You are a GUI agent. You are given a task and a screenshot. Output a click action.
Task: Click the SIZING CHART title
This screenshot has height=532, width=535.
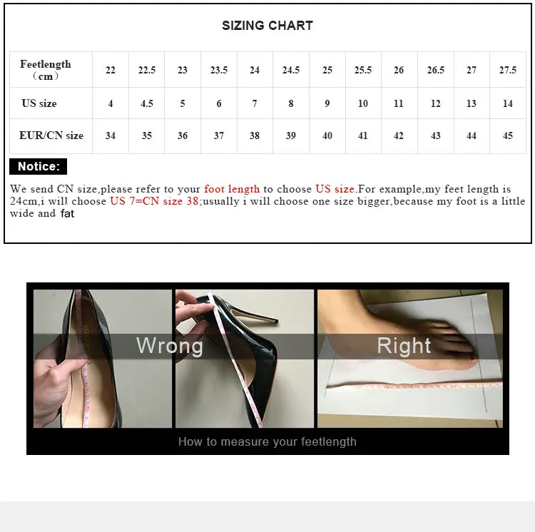267,26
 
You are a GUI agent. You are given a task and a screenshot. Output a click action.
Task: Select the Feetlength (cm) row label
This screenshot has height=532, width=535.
46,70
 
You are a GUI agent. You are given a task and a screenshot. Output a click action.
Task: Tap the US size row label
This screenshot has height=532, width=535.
39,103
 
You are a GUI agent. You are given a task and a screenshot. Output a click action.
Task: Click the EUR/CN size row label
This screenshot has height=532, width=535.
51,135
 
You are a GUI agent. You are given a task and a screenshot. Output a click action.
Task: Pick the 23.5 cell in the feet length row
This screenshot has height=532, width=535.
219,70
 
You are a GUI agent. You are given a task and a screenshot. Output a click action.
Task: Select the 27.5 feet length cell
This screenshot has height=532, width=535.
507,70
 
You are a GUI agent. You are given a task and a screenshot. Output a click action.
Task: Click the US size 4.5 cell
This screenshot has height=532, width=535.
147,103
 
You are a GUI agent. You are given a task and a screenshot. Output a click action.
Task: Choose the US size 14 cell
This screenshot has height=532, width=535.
507,103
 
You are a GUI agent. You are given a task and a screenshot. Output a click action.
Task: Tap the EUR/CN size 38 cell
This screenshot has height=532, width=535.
255,135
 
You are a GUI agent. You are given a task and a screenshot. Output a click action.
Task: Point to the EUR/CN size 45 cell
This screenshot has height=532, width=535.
507,135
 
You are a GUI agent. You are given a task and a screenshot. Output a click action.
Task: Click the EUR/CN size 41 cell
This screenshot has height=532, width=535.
363,135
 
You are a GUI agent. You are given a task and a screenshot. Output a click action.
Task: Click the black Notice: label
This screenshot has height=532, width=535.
39,167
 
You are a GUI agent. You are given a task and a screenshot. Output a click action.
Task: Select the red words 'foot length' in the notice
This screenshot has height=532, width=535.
232,189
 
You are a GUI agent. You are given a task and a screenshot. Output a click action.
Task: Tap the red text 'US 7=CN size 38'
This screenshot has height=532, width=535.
154,201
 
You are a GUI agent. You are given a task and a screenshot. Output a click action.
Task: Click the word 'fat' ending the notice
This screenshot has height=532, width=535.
67,214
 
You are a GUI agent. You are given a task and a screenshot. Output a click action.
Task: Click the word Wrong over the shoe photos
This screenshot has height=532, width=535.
170,346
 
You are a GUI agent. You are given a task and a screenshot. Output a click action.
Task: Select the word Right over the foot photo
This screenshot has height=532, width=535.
404,346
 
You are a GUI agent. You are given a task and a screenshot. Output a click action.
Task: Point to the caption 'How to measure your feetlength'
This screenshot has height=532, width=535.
267,441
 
